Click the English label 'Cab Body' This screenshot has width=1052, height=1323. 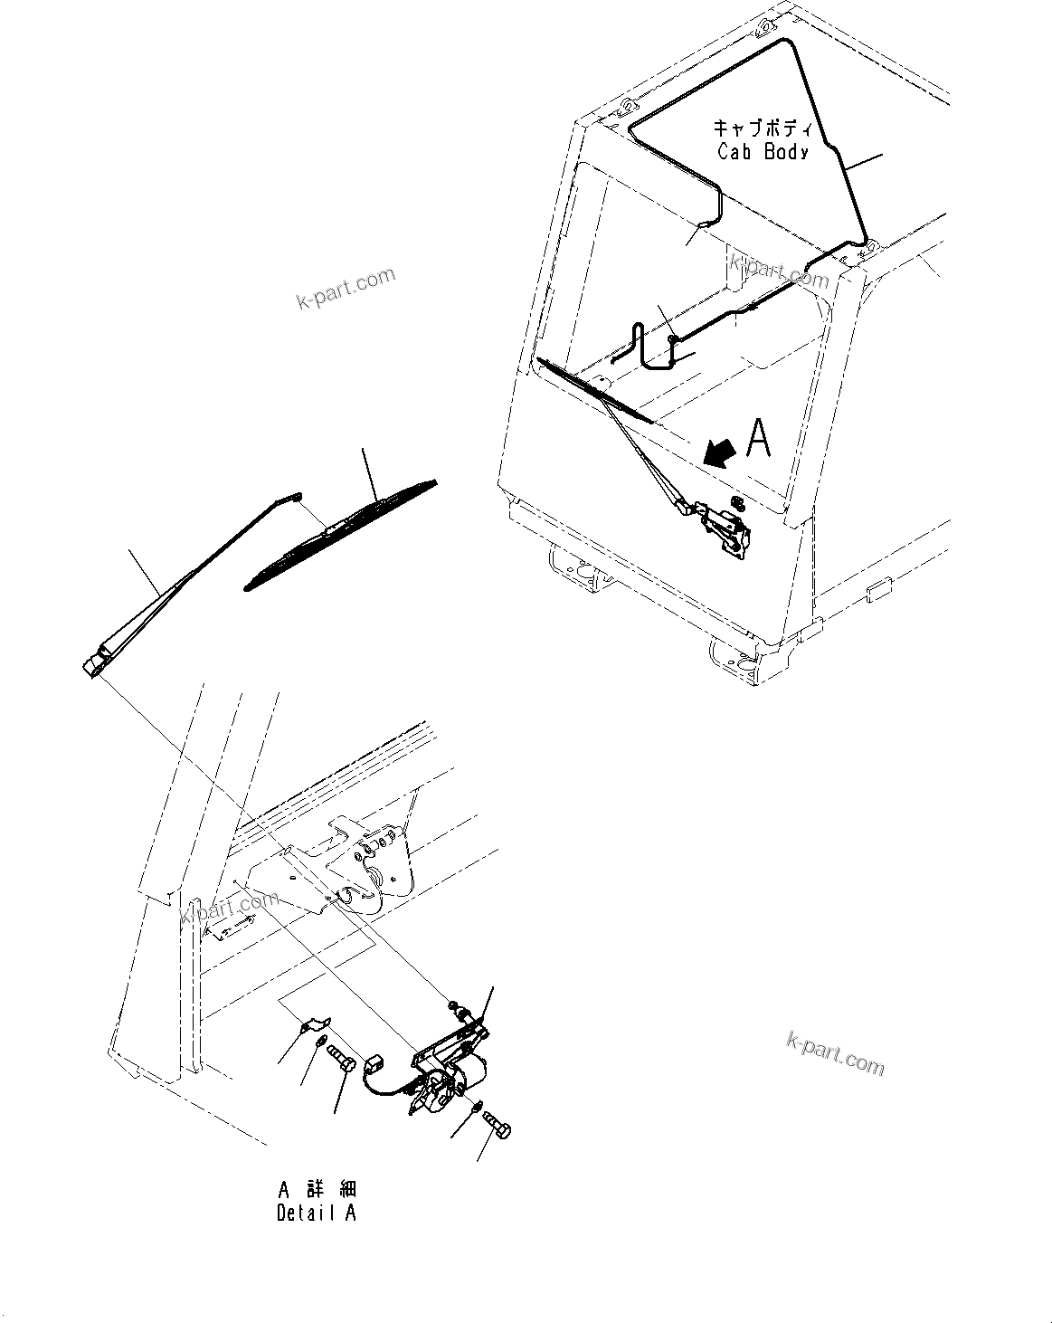point(762,151)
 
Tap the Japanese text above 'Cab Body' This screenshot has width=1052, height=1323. point(762,128)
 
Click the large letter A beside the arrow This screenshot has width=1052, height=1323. point(758,440)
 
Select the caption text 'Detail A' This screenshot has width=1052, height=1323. point(316,1214)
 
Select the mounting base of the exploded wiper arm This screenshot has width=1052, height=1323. point(93,664)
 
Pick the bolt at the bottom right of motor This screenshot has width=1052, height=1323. point(497,1124)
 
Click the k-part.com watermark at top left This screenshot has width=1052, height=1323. point(346,288)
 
